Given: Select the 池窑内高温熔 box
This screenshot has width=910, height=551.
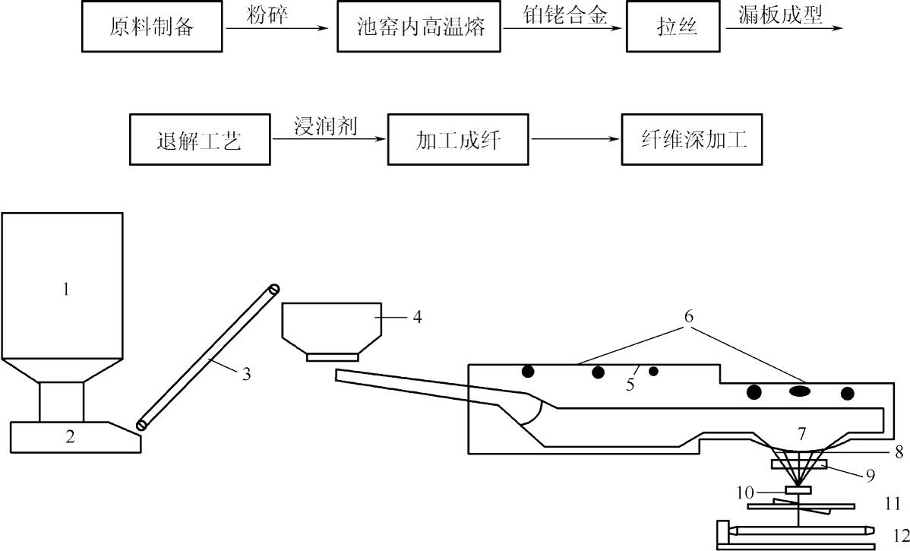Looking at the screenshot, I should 419,28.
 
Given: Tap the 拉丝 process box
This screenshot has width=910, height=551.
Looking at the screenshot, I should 677,28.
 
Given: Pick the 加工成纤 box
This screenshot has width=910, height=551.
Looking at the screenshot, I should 458,141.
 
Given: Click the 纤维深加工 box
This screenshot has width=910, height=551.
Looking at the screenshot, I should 690,141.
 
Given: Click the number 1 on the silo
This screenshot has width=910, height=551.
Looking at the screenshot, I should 65,290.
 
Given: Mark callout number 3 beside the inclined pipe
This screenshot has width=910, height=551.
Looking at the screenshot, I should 245,375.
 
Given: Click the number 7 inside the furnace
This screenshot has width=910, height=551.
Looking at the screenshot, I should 801,435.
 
